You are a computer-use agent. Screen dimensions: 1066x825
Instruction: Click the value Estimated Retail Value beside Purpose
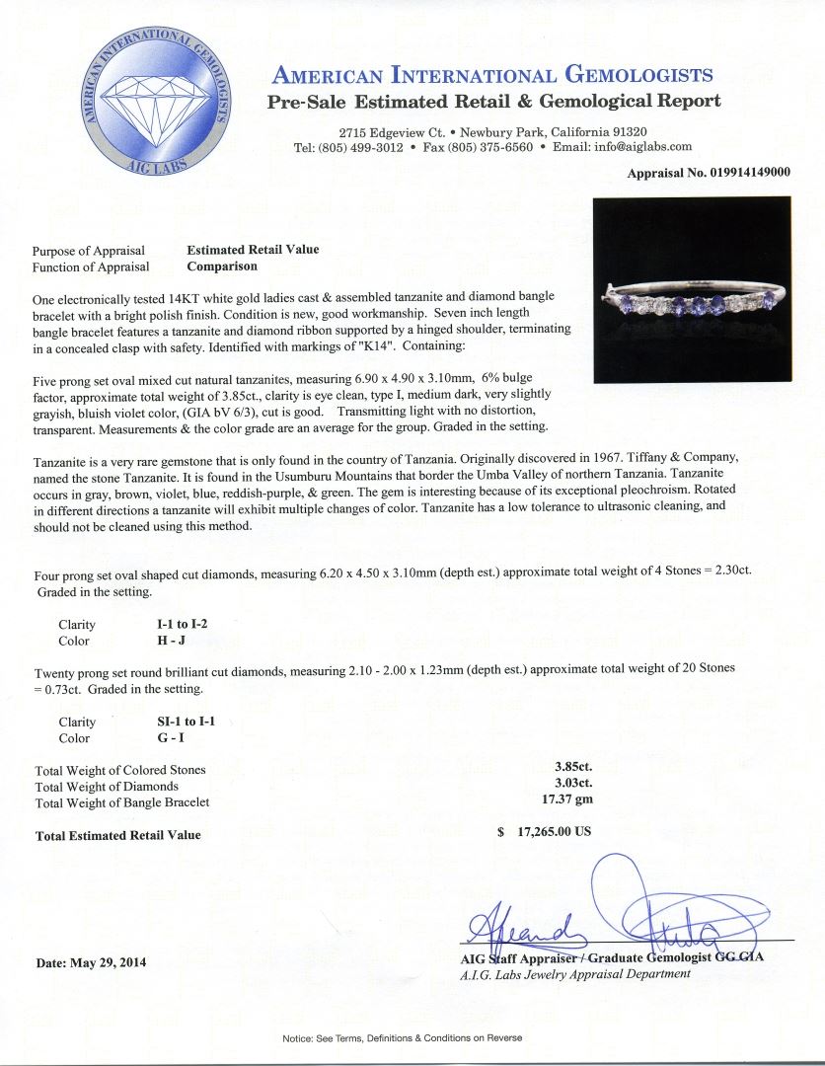tap(253, 250)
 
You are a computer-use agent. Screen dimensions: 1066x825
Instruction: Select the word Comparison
tap(222, 266)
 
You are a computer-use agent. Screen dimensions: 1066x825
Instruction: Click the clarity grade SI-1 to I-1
tap(178, 722)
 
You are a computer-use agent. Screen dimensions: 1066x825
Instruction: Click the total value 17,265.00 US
tap(545, 831)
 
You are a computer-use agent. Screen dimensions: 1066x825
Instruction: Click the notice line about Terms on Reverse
tap(402, 1038)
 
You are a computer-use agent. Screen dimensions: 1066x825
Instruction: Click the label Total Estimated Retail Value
tap(117, 835)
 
